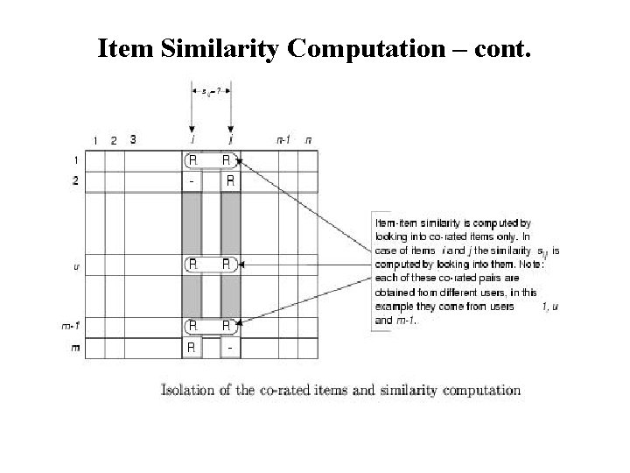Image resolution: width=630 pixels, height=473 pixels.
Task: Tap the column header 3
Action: (x=132, y=138)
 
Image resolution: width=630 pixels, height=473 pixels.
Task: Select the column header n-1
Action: (x=283, y=139)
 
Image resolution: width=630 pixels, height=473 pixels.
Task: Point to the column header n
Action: (x=307, y=139)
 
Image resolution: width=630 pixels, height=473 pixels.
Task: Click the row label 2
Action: (x=75, y=181)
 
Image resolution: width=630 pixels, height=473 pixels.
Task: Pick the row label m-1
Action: (x=72, y=326)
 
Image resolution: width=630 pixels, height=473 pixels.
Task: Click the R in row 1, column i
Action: (x=192, y=160)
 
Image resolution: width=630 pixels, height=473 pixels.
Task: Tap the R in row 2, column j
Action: (x=229, y=181)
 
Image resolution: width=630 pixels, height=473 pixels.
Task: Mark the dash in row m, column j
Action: (x=229, y=347)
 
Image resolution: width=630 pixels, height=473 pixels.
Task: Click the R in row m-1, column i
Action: (x=192, y=326)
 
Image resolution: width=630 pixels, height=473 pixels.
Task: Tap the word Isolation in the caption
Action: (x=187, y=391)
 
